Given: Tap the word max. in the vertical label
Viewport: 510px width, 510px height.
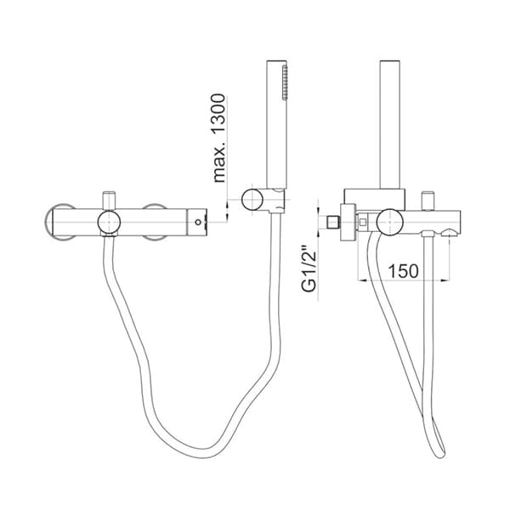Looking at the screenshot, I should (219, 163).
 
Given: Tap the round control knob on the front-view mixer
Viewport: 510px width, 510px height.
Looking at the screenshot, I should (108, 223).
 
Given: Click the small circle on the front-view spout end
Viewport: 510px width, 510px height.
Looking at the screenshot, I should (198, 223).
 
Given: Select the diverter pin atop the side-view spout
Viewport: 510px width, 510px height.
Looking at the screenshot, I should (428, 200).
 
